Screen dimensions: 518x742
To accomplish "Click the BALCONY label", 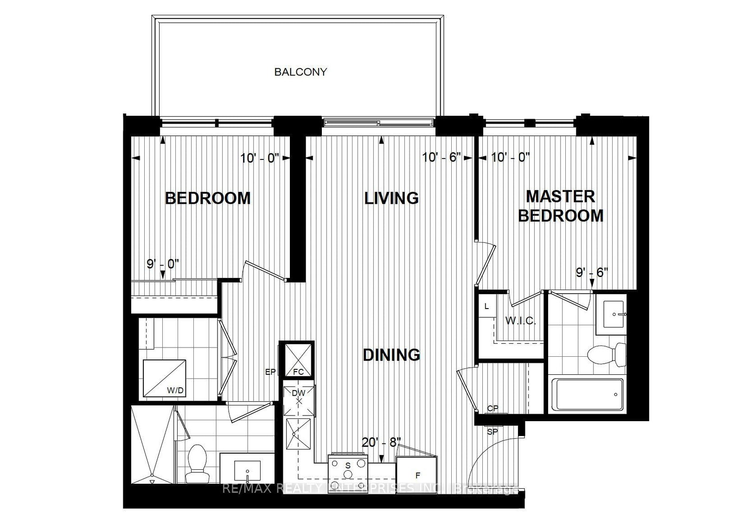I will pyautogui.click(x=301, y=72).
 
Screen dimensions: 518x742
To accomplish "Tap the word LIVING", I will pyautogui.click(x=391, y=198).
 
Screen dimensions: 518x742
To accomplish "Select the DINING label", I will pyautogui.click(x=391, y=355).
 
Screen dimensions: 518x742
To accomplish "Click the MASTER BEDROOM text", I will pyautogui.click(x=560, y=206).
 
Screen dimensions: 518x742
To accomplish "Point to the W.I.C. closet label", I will pyautogui.click(x=520, y=321).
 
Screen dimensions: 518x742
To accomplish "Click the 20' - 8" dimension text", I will pyautogui.click(x=381, y=442).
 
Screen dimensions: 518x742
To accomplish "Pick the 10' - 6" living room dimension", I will pyautogui.click(x=441, y=158).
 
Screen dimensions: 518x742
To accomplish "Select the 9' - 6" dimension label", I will pyautogui.click(x=592, y=272).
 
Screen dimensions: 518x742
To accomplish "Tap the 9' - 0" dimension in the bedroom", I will pyautogui.click(x=163, y=264).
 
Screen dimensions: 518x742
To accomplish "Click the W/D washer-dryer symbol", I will pyautogui.click(x=164, y=378).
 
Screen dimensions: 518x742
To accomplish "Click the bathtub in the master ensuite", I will pyautogui.click(x=589, y=395).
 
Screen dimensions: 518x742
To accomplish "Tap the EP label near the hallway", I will pyautogui.click(x=270, y=372).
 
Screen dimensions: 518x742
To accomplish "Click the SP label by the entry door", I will pyautogui.click(x=492, y=431).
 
